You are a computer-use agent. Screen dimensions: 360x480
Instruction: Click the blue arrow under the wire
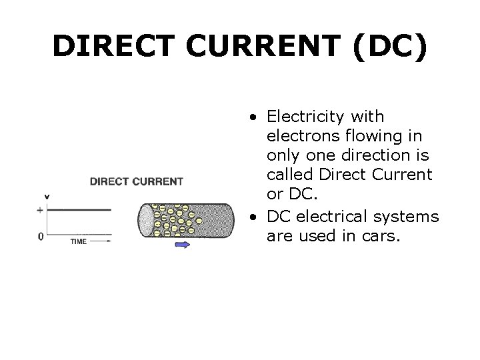(182, 245)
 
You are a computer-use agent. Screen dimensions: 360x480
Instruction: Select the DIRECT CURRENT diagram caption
(136, 181)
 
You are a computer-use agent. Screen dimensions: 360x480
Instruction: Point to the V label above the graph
(47, 196)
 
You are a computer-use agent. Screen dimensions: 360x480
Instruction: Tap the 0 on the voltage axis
(41, 236)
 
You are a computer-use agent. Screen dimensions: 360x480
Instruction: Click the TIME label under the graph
(78, 241)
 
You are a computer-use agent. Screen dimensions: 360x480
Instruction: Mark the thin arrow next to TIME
(100, 241)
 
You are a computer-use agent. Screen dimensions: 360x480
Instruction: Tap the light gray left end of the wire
(145, 222)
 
